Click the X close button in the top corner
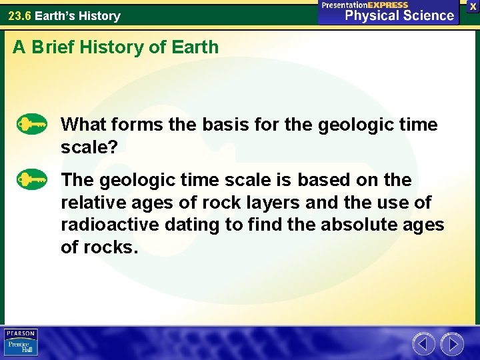[x=473, y=6]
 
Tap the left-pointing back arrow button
[x=424, y=344]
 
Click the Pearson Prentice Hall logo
[x=21, y=342]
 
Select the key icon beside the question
[x=32, y=125]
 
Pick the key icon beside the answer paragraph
[x=32, y=180]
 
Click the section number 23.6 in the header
[x=19, y=15]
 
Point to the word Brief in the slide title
[x=57, y=47]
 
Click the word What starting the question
[x=83, y=125]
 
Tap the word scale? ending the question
[x=89, y=147]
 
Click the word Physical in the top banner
[x=366, y=15]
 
